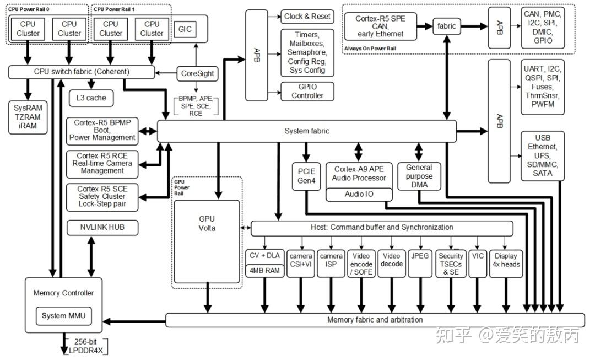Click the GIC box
[185, 29]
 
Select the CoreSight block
[197, 73]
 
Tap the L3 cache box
[91, 98]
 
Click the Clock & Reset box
[307, 17]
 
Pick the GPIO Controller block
[307, 91]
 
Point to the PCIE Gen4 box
[306, 176]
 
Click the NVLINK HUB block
[102, 228]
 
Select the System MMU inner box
[64, 316]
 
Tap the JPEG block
[420, 264]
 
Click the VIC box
[477, 264]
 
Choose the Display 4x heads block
[506, 264]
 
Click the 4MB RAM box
[264, 271]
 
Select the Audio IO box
[359, 194]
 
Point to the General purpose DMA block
[419, 176]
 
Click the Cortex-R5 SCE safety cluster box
[102, 197]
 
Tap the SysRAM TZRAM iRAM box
[28, 117]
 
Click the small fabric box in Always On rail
[446, 26]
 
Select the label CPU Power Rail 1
[114, 9]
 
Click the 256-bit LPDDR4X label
[86, 346]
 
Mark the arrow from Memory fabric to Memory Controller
[134, 321]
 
